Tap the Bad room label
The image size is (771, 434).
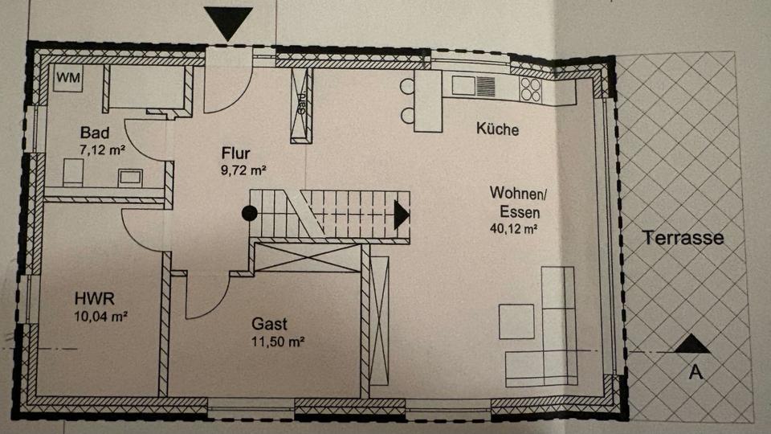95,133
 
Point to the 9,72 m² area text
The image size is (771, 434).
243,170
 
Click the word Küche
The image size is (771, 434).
497,129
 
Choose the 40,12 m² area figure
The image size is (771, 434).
513,228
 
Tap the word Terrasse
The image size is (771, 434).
683,238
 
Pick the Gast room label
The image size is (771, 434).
270,325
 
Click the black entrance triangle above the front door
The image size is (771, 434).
230,23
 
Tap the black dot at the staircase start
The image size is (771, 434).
251,213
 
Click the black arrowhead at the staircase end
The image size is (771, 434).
402,214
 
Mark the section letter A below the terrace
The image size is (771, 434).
696,371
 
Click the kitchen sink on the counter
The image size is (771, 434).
466,85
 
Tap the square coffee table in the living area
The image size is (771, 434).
516,321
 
